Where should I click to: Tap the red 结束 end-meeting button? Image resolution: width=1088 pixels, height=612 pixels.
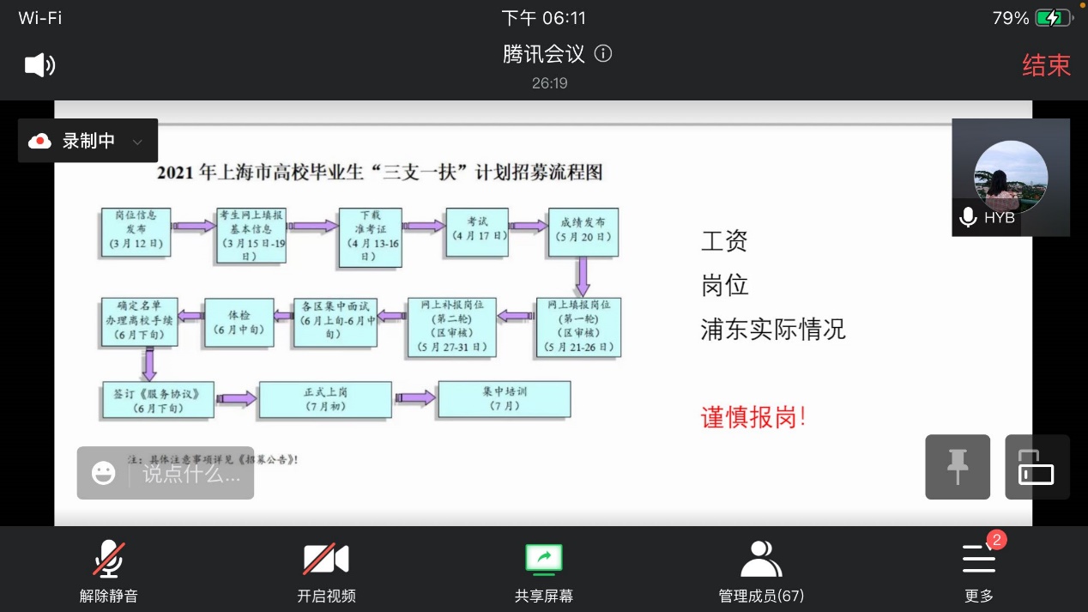pyautogui.click(x=1046, y=65)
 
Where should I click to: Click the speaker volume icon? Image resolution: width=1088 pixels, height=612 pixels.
pyautogui.click(x=39, y=65)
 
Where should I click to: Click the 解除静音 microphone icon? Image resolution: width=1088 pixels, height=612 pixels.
pyautogui.click(x=109, y=560)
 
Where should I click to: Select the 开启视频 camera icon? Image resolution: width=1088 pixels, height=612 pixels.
pyautogui.click(x=326, y=560)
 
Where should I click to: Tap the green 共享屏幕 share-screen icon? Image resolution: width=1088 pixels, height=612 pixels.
pyautogui.click(x=543, y=560)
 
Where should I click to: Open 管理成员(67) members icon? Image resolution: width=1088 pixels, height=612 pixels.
pyautogui.click(x=761, y=560)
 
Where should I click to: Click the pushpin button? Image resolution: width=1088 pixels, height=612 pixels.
pyautogui.click(x=958, y=467)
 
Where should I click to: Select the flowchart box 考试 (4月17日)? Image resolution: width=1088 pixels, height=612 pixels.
pyautogui.click(x=477, y=231)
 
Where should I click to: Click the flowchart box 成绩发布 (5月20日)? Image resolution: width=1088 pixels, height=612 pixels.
pyautogui.click(x=583, y=231)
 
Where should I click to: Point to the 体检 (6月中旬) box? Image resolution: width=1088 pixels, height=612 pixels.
pyautogui.click(x=239, y=323)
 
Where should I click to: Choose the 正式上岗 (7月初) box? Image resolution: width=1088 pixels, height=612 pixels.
pyautogui.click(x=326, y=399)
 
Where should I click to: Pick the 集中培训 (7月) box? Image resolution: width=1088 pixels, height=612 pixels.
pyautogui.click(x=505, y=399)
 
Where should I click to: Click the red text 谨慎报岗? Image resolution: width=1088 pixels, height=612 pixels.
pyautogui.click(x=753, y=418)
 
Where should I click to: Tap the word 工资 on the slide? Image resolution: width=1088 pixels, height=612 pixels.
pyautogui.click(x=724, y=241)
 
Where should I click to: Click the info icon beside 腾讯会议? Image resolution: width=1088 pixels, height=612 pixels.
pyautogui.click(x=603, y=54)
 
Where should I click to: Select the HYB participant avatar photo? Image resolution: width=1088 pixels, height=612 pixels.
pyautogui.click(x=1010, y=176)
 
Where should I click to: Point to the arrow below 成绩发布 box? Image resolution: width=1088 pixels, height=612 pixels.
pyautogui.click(x=583, y=276)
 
